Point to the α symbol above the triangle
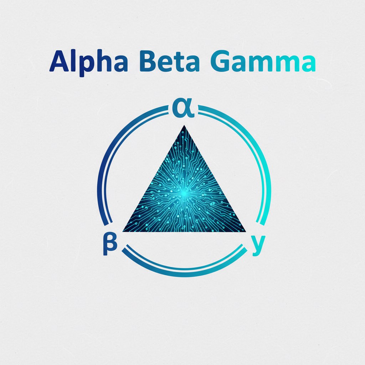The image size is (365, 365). pos(183,109)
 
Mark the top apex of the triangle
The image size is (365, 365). pos(184,126)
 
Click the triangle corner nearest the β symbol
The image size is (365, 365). pos(123,231)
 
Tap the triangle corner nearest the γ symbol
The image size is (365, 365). pos(246,231)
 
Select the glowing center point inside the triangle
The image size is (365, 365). pos(184,193)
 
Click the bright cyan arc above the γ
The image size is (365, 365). pos(266,178)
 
